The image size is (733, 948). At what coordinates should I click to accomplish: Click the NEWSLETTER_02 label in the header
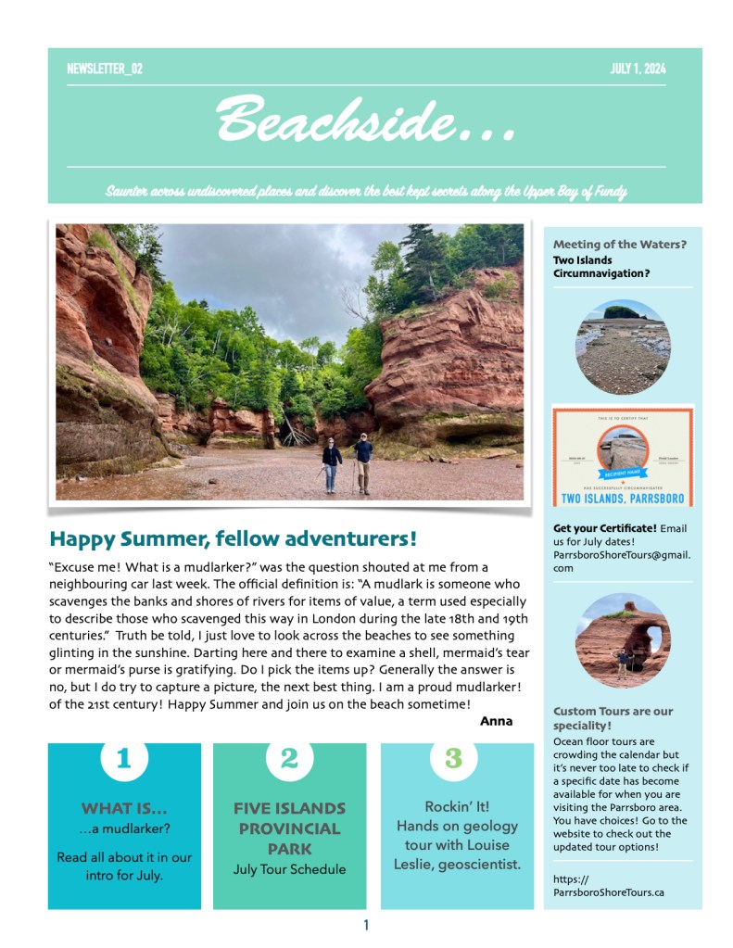[105, 69]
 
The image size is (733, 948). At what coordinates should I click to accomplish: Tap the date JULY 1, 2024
[638, 69]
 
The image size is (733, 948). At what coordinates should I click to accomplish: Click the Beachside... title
[365, 120]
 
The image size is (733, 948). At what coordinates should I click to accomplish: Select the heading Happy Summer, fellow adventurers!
[233, 538]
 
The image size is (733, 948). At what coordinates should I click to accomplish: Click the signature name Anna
[496, 720]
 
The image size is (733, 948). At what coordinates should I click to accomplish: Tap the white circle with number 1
[124, 758]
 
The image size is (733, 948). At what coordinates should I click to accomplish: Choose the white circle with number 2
[289, 758]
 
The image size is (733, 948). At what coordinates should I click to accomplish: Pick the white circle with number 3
[453, 758]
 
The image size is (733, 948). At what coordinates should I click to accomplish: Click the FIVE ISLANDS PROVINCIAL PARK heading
[289, 828]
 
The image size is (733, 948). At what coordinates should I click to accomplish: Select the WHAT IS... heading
[124, 808]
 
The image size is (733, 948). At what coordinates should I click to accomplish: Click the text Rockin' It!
[457, 806]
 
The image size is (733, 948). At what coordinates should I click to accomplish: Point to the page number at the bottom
[366, 925]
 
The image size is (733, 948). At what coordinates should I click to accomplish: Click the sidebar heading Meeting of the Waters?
[620, 245]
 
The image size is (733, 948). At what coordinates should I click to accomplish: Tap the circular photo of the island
[622, 346]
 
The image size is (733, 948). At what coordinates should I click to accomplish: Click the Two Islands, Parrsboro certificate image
[622, 456]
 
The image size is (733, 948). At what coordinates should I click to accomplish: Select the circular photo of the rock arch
[622, 639]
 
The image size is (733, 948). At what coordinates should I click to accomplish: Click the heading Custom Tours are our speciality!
[613, 718]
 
